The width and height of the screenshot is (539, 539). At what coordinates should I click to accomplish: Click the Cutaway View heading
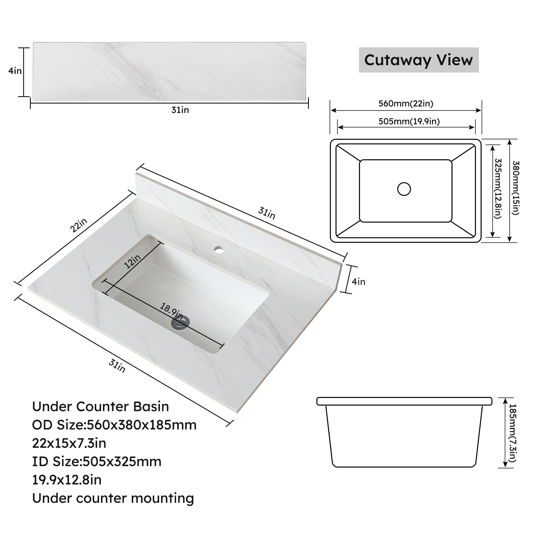419,60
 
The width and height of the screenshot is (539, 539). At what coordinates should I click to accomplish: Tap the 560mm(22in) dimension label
406,104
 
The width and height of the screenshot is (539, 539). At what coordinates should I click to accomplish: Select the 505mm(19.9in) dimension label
409,121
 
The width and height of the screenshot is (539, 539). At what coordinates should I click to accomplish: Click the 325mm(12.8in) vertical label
498,188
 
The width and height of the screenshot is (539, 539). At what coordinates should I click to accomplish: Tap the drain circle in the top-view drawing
404,189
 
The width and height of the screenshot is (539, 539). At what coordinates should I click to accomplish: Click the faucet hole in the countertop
219,248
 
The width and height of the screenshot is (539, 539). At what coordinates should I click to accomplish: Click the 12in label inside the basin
132,261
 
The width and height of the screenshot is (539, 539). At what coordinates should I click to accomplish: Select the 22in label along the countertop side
78,225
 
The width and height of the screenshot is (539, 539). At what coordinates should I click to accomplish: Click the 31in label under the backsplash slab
180,110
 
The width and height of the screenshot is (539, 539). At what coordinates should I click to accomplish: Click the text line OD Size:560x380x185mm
114,425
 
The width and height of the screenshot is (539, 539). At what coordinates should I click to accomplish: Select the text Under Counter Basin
101,407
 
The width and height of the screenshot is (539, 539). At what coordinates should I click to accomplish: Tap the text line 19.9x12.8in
67,480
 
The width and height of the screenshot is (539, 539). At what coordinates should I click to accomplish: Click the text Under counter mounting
113,498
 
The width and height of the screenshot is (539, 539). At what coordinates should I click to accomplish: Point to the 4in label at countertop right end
358,282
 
